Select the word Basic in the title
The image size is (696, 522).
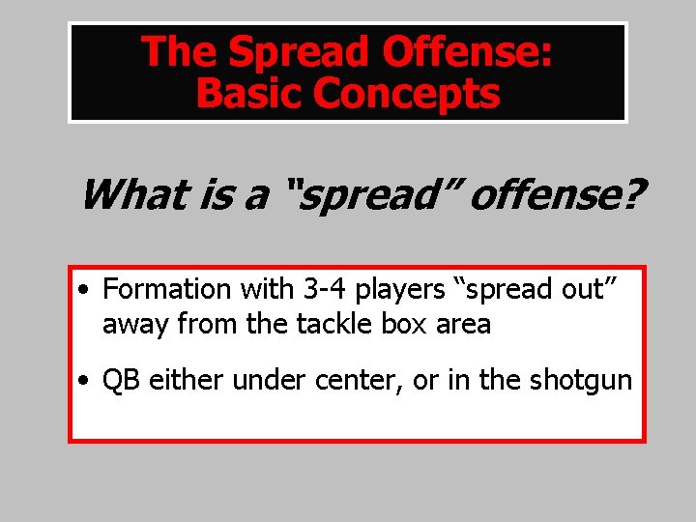click(x=249, y=94)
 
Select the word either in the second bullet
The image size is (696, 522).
click(x=186, y=380)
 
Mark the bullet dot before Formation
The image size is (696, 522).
click(x=87, y=290)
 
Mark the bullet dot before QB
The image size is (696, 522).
click(x=87, y=381)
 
